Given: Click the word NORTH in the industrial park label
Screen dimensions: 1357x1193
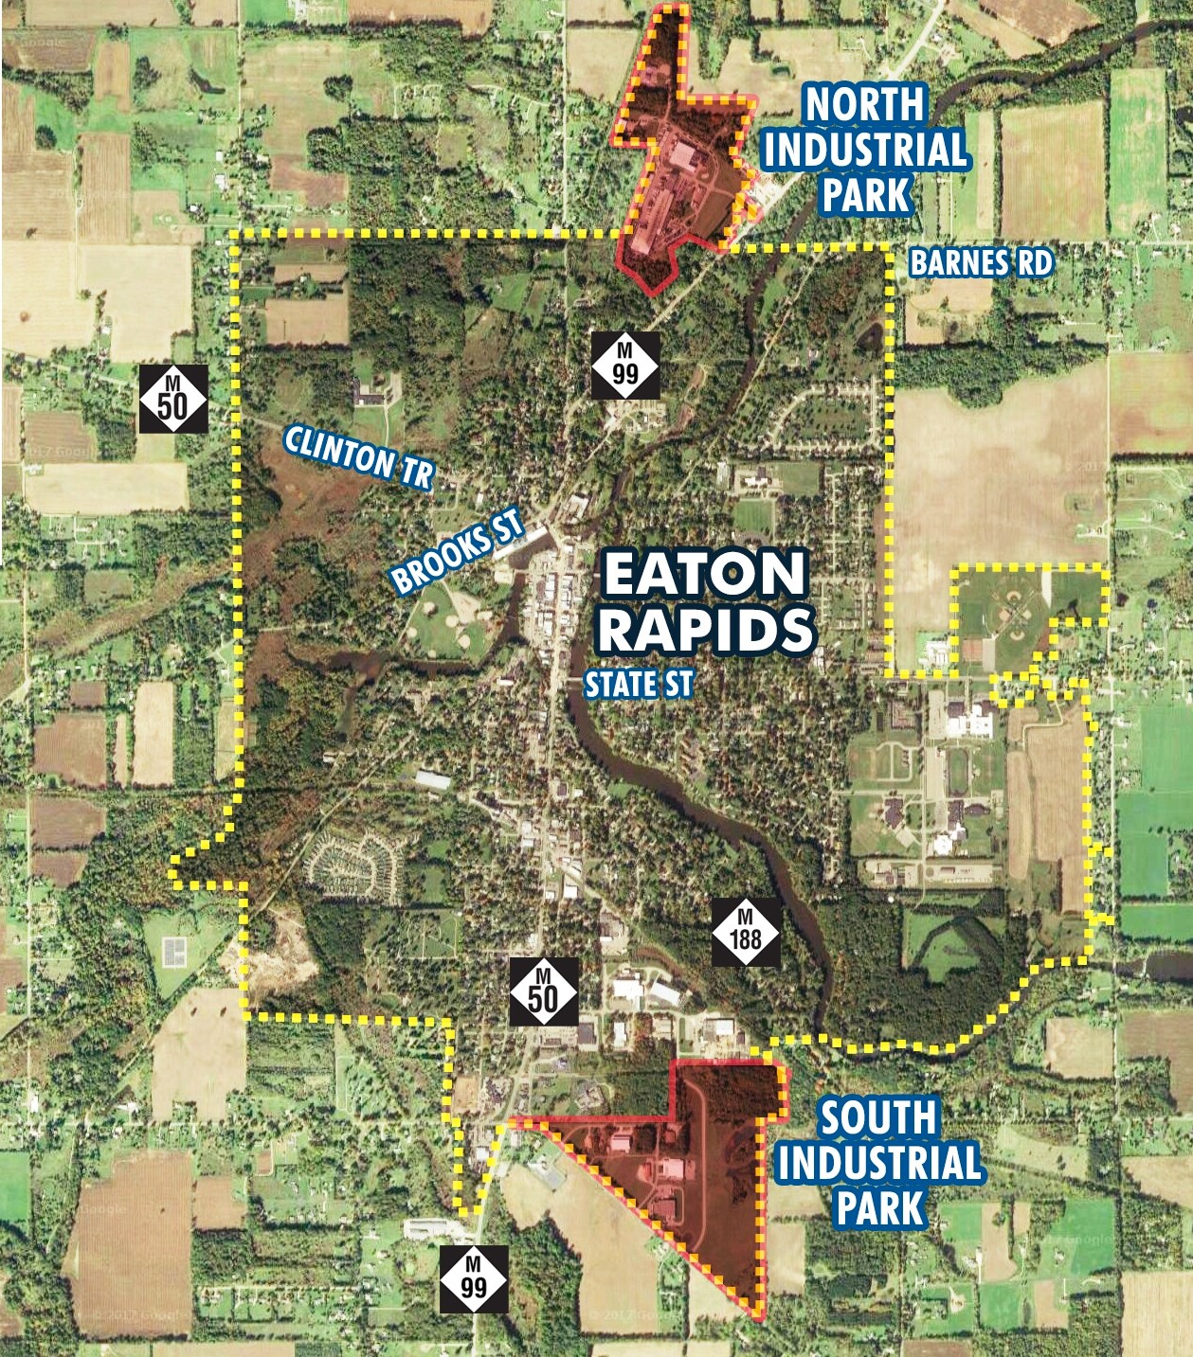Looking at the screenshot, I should point(864,104).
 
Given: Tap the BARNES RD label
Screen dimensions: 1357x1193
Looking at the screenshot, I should point(981,262).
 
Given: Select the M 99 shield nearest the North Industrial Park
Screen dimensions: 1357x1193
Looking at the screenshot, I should point(624,364).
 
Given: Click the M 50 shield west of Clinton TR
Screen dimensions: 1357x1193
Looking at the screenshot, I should point(172,398).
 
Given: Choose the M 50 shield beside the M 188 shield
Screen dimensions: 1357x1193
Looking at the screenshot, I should point(543,991).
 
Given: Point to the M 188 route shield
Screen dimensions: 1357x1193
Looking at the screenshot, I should point(747,931).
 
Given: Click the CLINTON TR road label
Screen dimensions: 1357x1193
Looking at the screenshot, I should point(358,456).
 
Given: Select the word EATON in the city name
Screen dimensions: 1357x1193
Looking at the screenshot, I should point(704,574).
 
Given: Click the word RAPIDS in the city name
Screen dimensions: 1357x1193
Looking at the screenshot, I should point(706,629).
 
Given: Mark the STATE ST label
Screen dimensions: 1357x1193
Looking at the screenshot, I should point(639,684).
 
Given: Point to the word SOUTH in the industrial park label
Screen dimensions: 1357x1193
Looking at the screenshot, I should point(877,1118).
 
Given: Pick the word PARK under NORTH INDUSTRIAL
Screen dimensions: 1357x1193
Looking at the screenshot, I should point(865,195).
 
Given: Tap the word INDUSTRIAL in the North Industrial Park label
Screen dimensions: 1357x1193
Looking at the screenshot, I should point(865,150).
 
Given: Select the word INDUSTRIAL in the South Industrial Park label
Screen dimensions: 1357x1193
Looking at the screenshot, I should point(878,1163).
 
